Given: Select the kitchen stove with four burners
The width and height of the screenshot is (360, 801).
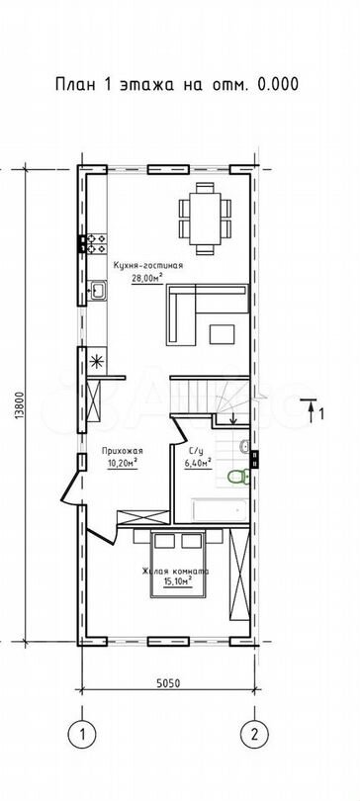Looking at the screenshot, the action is coord(97,243).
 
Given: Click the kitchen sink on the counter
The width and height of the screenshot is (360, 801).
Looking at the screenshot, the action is coord(97,290).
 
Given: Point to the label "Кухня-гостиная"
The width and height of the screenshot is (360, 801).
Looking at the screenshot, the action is coord(147,266).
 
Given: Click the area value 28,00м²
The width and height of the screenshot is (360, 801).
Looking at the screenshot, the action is coord(147,278).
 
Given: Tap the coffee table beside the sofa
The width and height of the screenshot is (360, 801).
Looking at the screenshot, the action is coord(222,333).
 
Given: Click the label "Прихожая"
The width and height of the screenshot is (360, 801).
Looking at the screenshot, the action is coord(122,451).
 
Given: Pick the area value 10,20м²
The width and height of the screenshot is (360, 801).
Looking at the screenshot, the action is coord(122,464).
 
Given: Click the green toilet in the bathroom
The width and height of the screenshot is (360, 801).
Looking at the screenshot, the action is coord(238,477).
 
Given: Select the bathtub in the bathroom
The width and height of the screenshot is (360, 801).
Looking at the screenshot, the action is coord(221,510).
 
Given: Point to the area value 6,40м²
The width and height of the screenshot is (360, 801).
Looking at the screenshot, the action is coord(198,464).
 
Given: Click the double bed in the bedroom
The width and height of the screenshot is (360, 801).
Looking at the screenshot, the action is coord(177,564).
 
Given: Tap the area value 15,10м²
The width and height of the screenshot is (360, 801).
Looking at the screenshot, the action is coord(177,581).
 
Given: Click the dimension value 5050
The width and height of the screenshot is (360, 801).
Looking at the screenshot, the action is coord(168,683).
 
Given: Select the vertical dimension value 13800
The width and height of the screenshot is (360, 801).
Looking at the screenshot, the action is coord(19,405).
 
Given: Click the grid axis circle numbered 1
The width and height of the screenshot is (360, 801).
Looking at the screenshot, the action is coord(82,735).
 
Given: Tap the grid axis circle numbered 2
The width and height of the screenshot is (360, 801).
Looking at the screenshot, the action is coord(254,735).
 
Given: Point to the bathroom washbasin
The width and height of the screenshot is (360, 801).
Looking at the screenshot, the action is coord(244,446).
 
